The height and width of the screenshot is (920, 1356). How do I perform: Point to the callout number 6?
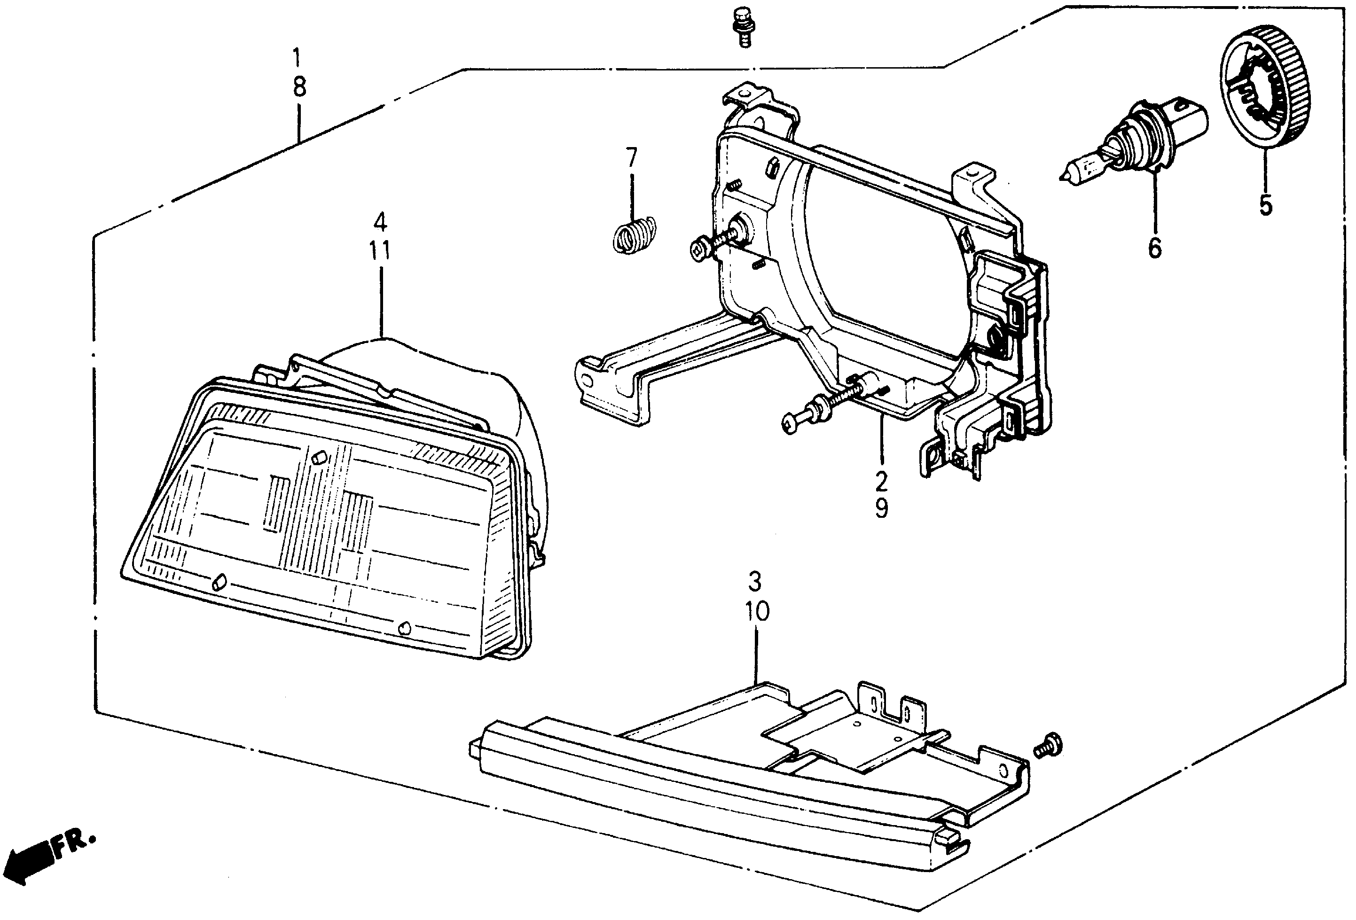1155,248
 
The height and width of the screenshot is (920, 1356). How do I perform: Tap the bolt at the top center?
743,26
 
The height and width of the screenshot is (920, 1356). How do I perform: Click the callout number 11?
380,251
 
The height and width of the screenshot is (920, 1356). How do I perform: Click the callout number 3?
755,582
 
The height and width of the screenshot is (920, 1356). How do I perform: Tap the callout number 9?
882,509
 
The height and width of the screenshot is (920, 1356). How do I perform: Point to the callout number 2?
881,481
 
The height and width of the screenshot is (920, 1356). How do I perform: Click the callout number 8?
299,87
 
